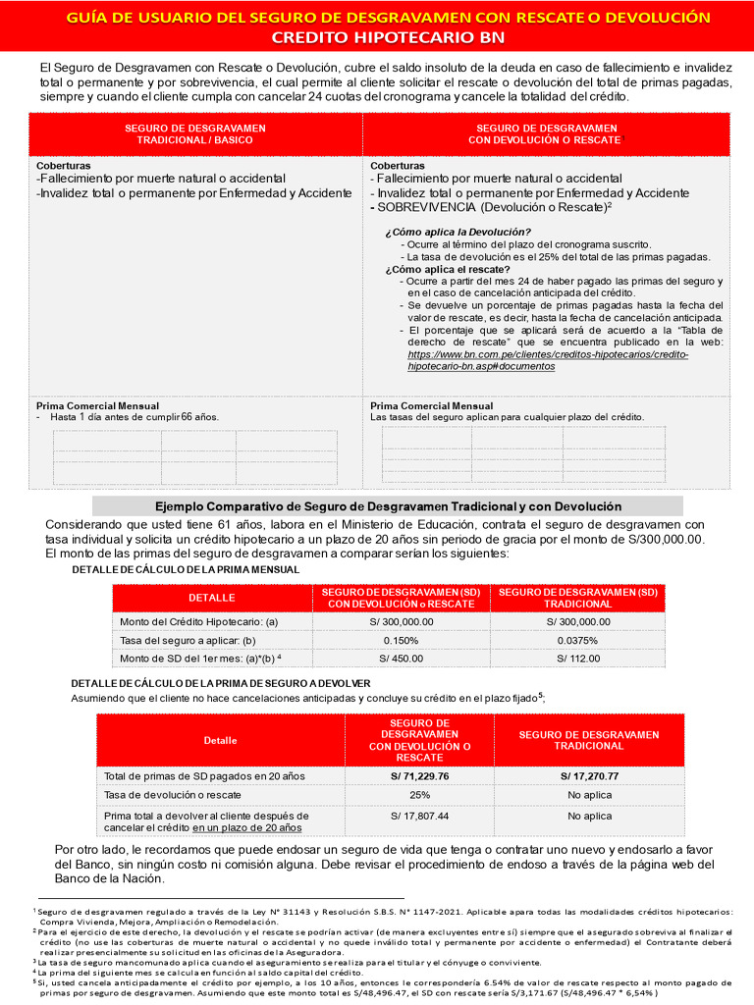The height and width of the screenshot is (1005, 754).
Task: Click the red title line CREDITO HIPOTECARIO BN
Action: click(388, 37)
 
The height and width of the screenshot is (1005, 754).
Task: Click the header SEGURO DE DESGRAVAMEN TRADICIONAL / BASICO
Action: click(188, 133)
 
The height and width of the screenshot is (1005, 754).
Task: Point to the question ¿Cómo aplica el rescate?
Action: click(448, 269)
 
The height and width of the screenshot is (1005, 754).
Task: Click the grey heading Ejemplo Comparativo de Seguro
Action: click(388, 506)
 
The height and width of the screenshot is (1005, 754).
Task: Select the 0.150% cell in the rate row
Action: click(401, 640)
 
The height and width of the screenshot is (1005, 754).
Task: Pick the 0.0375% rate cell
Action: click(577, 640)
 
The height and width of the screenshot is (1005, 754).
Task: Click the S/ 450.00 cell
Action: click(401, 658)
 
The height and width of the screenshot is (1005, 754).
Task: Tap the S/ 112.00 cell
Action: click(577, 658)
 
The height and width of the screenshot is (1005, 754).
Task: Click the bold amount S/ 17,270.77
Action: click(589, 776)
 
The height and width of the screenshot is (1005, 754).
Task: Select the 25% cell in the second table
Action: click(419, 795)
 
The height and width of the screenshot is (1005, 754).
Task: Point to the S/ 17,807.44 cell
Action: click(419, 816)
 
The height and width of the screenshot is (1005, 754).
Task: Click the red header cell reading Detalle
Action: click(221, 740)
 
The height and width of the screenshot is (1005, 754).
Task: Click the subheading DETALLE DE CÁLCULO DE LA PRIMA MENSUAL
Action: click(186, 570)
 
